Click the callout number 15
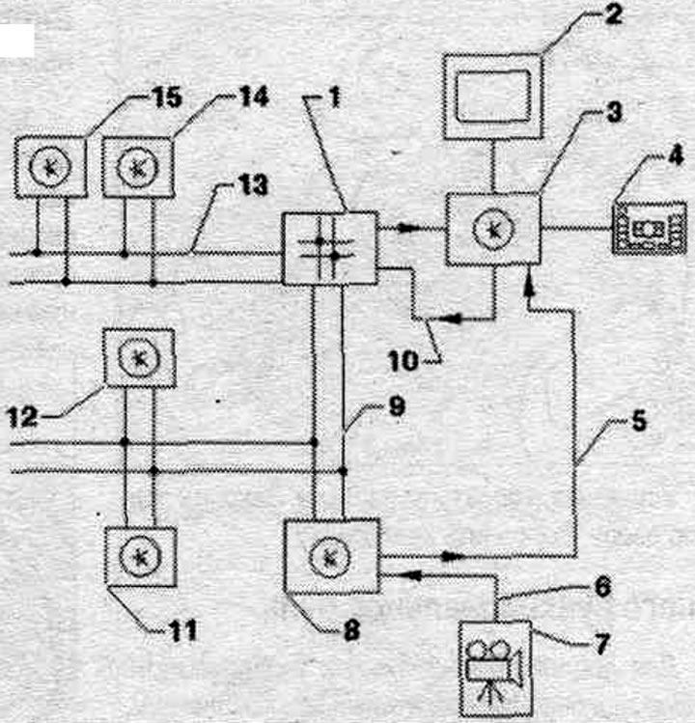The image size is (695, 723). tap(167, 97)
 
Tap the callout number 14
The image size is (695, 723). tap(253, 97)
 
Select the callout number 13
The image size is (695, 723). tap(253, 185)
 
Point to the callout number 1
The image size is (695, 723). tap(335, 97)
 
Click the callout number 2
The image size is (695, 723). tap(613, 14)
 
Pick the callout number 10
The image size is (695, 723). tap(403, 361)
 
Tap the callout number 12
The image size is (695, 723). tap(22, 417)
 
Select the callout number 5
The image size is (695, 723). tap(638, 421)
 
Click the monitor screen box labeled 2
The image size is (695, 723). tap(492, 97)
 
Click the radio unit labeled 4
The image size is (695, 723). tap(650, 228)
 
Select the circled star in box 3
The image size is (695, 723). tap(493, 229)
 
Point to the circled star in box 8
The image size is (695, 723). tap(330, 557)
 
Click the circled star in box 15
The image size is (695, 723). tap(50, 167)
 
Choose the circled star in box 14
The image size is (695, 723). tap(137, 168)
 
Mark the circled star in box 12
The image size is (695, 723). tap(139, 358)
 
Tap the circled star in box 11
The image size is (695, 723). tap(140, 557)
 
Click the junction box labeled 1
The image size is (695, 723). tap(330, 248)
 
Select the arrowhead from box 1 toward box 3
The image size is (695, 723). tap(407, 227)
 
